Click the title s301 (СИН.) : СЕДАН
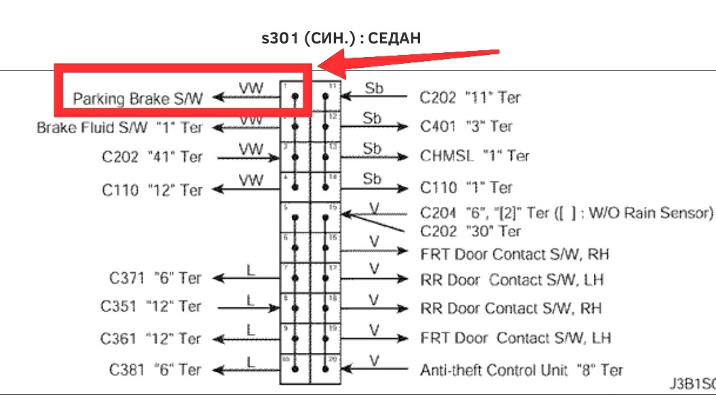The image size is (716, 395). tap(341, 38)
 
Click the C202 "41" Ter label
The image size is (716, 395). tap(152, 157)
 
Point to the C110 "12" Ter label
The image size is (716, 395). tap(152, 189)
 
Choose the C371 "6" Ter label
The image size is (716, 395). tap(155, 278)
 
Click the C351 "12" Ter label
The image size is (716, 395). tap(151, 307)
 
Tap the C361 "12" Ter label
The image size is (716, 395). tap(151, 337)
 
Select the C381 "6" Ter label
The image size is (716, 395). tap(155, 370)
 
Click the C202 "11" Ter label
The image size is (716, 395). tap(470, 98)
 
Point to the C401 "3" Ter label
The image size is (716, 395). tap(466, 127)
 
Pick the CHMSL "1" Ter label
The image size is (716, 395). tap(474, 156)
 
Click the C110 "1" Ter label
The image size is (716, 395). tap(466, 187)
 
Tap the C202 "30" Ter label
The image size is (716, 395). tap(470, 231)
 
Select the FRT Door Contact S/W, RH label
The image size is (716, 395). tap(515, 255)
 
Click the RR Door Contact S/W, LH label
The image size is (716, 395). tap(512, 279)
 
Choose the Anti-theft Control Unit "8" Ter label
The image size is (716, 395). tap(521, 370)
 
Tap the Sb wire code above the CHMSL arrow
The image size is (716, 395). tap(373, 148)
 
